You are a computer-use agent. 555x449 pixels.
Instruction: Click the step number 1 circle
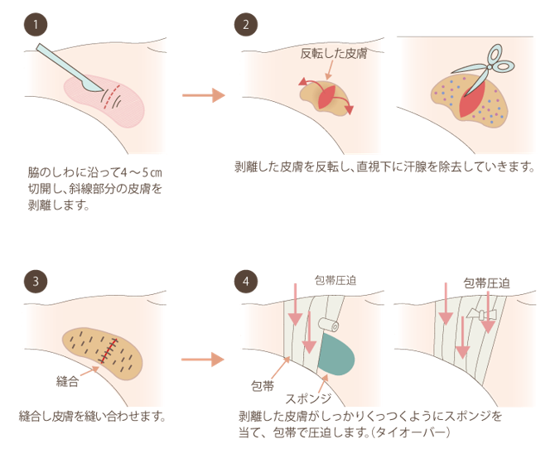tap(36, 25)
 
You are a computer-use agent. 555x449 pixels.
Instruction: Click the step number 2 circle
tap(245, 25)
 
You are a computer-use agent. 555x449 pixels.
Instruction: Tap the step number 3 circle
tap(36, 280)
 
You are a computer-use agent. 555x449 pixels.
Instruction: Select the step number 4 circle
tap(245, 280)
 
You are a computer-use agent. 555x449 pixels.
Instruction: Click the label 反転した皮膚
tap(333, 55)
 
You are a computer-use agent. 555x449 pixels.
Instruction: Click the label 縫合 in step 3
tap(68, 381)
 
